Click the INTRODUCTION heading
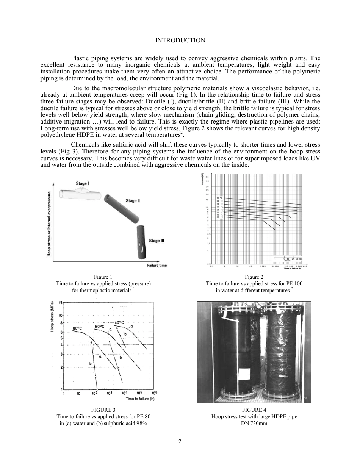coord(180,41)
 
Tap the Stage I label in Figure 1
coord(82,183)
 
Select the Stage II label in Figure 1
coord(133,200)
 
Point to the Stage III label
coord(157,241)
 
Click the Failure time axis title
coord(157,265)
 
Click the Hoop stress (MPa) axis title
coord(52,316)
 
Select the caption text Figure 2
coord(254,277)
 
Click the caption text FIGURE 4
coord(254,410)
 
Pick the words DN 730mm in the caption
coord(254,423)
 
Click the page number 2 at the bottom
coord(180,441)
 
